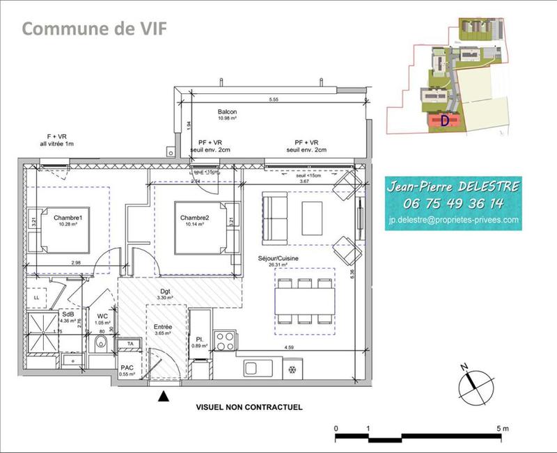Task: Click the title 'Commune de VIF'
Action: (94, 29)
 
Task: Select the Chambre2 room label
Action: (194, 218)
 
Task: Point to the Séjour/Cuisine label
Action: (278, 257)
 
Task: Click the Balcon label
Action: (227, 112)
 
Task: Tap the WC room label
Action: (102, 316)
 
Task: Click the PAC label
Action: (127, 367)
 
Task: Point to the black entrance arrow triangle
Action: (164, 397)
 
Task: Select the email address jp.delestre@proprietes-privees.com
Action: (453, 220)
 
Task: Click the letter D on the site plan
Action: (444, 120)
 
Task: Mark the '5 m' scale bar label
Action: (502, 427)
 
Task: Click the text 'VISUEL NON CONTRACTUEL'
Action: (249, 407)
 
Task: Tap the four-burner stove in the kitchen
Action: (225, 341)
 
